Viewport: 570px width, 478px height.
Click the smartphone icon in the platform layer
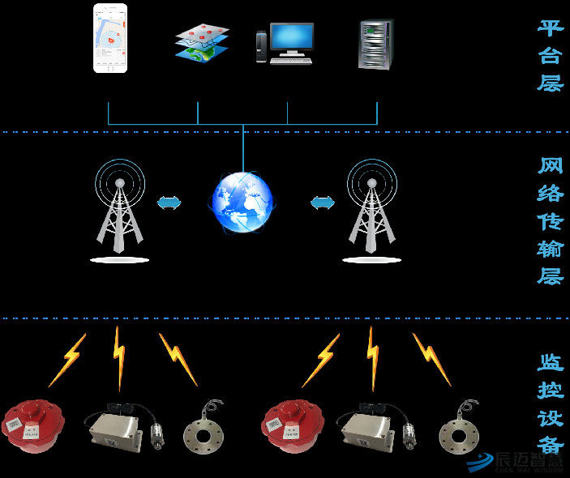coord(110,38)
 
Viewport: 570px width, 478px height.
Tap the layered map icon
coord(202,43)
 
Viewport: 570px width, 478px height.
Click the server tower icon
coord(375,44)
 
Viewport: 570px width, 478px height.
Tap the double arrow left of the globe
coord(169,203)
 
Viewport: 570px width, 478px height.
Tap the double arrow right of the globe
coord(323,203)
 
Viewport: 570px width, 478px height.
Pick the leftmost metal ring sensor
coord(201,427)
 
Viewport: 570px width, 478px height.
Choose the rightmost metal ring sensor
coord(459,427)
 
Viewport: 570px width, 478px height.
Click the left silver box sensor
coord(116,427)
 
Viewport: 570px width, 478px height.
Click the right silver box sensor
coord(371,427)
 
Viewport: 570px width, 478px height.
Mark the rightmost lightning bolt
coord(431,359)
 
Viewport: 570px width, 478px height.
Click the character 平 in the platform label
coord(551,28)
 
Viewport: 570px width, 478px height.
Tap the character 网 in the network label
coord(551,167)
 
